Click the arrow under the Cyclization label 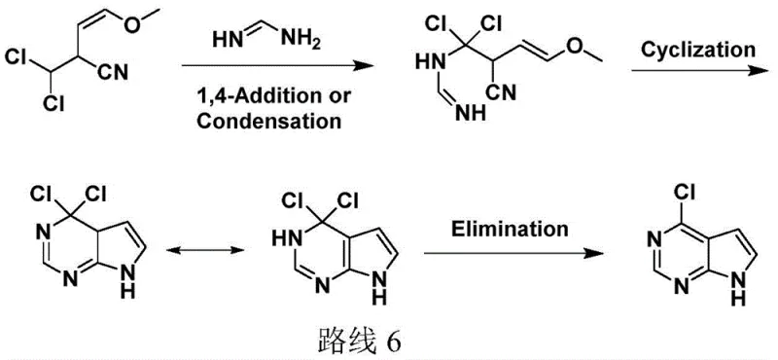click(696, 70)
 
